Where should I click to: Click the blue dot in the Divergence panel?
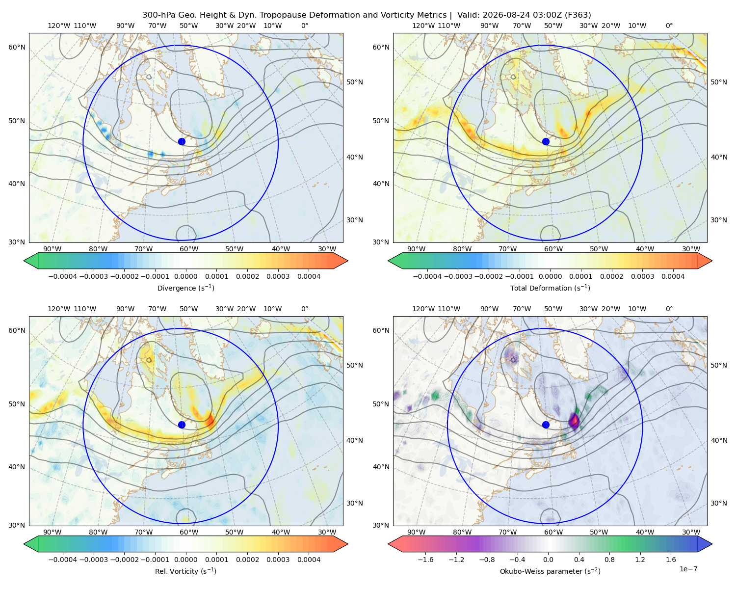[182, 142]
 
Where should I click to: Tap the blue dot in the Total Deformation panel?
[546, 142]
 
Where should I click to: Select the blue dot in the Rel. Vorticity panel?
[182, 425]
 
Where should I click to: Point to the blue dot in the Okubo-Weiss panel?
[546, 425]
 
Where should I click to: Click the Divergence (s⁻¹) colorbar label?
[185, 288]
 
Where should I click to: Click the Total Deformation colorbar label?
[550, 288]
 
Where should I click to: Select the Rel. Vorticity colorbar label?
[185, 571]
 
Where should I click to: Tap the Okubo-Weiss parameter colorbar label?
[550, 571]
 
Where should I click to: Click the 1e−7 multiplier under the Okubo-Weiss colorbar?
[688, 569]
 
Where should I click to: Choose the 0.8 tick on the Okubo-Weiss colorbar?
[609, 560]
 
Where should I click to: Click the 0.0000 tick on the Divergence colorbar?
[185, 276]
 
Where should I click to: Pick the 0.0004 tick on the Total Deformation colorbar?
[673, 276]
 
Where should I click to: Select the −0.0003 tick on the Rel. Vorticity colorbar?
[93, 560]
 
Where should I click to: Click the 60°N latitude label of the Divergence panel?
[17, 47]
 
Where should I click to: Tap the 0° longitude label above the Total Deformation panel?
[669, 26]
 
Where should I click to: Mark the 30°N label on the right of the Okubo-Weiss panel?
[718, 503]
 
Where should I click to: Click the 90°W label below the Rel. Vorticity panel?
[53, 532]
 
